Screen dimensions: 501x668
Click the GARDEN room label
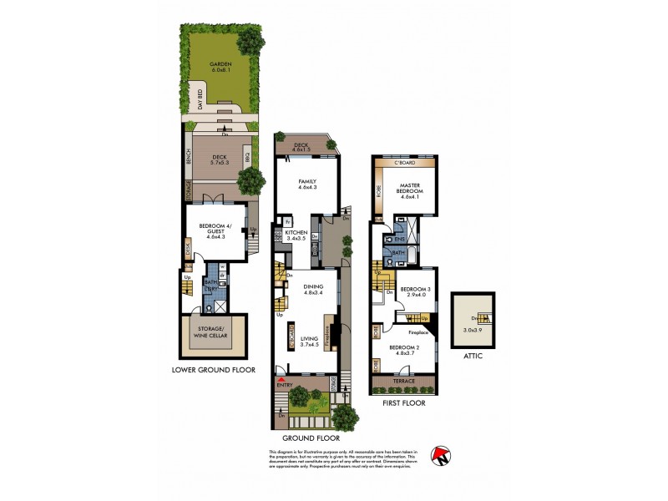[220, 64]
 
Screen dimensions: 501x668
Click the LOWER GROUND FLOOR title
[214, 369]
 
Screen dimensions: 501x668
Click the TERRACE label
[405, 380]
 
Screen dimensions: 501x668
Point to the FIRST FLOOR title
[404, 403]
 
